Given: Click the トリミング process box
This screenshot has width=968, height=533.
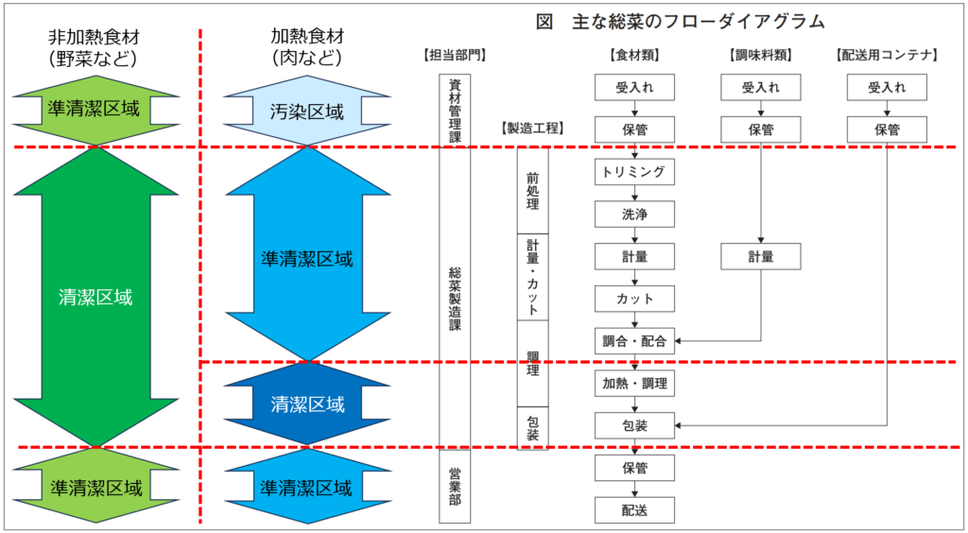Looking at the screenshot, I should tap(634, 172).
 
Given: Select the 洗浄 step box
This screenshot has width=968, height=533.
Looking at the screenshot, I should tap(634, 215).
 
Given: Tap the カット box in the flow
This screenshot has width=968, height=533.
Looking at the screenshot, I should tap(634, 299).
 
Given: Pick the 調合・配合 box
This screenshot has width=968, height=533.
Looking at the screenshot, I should tap(634, 340).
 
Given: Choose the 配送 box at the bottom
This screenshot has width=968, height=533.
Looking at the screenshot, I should tap(634, 509).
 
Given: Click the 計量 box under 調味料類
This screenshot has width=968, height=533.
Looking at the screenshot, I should tap(760, 256).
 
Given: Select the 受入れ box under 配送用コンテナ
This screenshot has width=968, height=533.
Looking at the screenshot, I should tap(887, 88).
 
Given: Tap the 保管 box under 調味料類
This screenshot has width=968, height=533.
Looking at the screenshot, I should tap(760, 129).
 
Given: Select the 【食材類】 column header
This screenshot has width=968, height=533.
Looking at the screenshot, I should tap(634, 55).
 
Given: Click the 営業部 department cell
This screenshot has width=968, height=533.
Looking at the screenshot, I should tap(455, 487).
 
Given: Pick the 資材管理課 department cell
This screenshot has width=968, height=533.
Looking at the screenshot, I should tap(455, 109).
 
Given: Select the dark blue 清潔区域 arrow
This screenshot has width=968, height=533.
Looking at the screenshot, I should tap(307, 404).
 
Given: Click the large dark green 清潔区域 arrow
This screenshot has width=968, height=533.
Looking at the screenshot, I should tap(95, 298).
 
